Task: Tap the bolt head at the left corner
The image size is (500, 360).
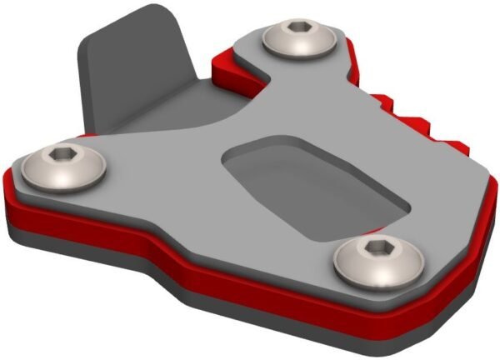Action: [64, 167]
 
